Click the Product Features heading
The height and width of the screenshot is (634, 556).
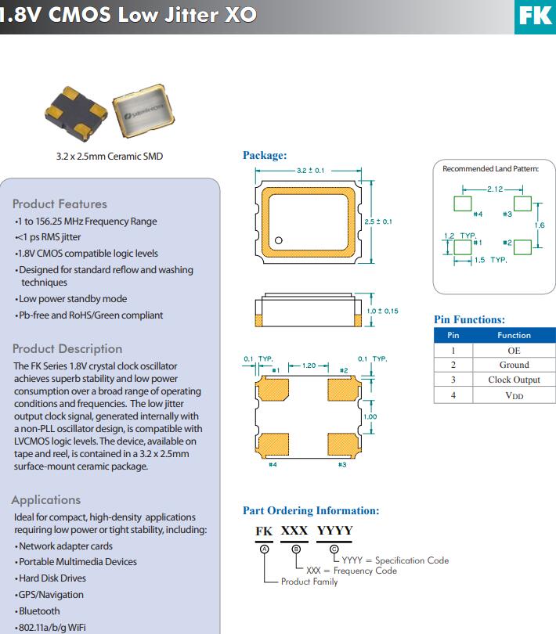click(x=60, y=204)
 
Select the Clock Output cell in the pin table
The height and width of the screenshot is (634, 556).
click(x=514, y=380)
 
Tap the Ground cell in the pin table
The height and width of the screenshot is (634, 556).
click(x=514, y=365)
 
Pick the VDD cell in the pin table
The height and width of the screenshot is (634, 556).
click(x=514, y=395)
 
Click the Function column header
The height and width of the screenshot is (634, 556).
click(x=514, y=335)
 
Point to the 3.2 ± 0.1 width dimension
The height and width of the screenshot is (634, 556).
click(x=310, y=170)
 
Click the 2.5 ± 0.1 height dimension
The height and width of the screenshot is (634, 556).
click(x=378, y=222)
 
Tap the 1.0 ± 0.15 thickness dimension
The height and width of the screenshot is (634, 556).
click(x=382, y=311)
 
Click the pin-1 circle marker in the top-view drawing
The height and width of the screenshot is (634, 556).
click(x=277, y=240)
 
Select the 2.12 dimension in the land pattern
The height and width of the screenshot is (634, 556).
click(x=495, y=189)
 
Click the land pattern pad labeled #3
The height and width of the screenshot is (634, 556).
click(x=522, y=204)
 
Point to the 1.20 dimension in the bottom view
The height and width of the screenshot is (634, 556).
click(x=308, y=366)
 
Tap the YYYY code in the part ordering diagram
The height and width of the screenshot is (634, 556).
click(x=334, y=531)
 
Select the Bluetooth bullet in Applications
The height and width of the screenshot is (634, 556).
click(x=39, y=611)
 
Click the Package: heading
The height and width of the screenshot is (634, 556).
click(x=265, y=155)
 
